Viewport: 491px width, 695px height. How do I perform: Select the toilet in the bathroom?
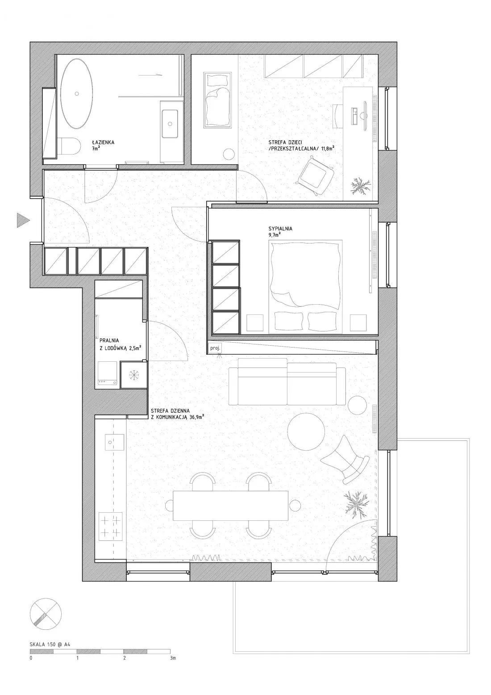[71, 146]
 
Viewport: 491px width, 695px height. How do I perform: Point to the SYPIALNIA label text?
[280, 229]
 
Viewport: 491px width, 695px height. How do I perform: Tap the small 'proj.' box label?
[215, 348]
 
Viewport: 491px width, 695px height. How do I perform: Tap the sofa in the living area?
[287, 381]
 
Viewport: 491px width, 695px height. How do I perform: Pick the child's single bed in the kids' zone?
[217, 100]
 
